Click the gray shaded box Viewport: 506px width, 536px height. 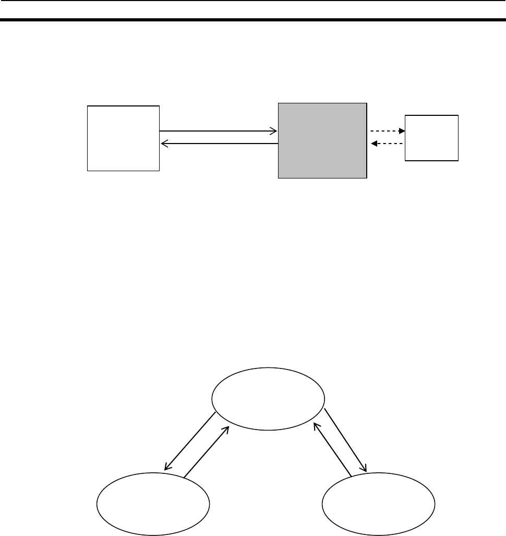322,141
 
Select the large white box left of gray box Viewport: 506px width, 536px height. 123,138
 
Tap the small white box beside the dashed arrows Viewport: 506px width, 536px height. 432,137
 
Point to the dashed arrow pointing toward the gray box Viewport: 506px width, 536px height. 387,144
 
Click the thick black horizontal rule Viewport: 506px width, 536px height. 253,20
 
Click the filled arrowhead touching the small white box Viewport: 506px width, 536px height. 402,131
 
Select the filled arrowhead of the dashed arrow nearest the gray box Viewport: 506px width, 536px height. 374,144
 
